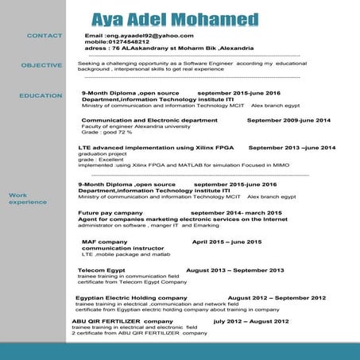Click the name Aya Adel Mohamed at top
[x=174, y=18]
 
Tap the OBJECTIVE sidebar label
[x=41, y=64]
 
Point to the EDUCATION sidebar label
[x=41, y=95]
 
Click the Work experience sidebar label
[x=24, y=199]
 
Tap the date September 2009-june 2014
[x=288, y=120]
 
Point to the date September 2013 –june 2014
[x=292, y=148]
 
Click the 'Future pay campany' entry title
[x=110, y=213]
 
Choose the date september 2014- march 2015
[x=236, y=213]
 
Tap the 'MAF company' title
[x=104, y=242]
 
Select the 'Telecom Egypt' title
[x=101, y=270]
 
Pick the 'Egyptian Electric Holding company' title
[x=131, y=297]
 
